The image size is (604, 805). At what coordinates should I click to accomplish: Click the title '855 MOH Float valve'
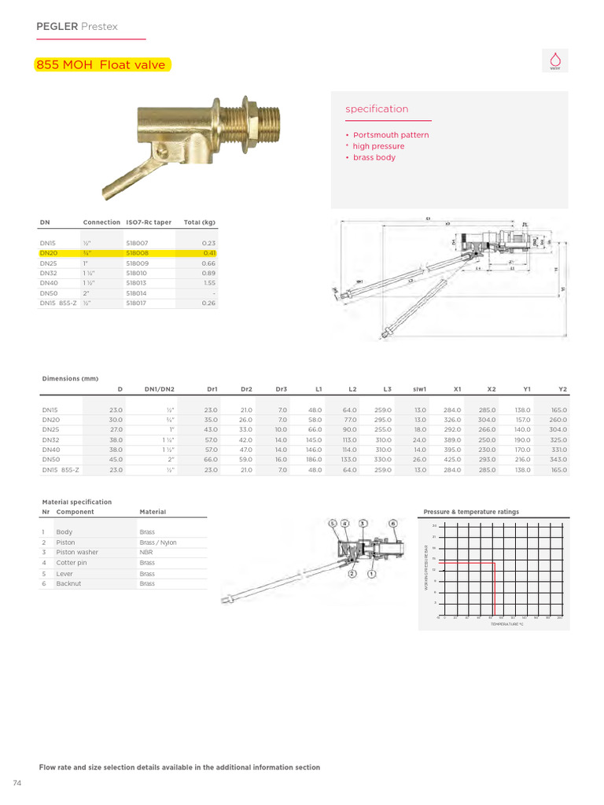[x=101, y=65]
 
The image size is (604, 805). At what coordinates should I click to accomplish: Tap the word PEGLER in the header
[x=57, y=27]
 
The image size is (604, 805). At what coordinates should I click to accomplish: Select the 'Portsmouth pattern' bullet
[x=390, y=135]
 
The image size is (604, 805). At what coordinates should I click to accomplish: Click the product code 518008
[x=137, y=253]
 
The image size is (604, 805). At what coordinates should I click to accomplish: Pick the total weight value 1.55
[x=208, y=282]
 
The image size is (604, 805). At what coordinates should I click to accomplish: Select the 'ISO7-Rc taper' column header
[x=148, y=222]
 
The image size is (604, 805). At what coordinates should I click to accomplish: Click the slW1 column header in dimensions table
[x=419, y=388]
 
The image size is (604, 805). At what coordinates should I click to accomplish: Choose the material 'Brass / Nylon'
[x=158, y=542]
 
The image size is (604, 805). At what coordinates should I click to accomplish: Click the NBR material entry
[x=146, y=553]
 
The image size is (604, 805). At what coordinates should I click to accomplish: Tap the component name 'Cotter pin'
[x=72, y=563]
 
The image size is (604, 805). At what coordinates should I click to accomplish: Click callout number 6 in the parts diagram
[x=393, y=523]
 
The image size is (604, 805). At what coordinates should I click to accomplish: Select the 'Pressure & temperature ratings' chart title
[x=471, y=512]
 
